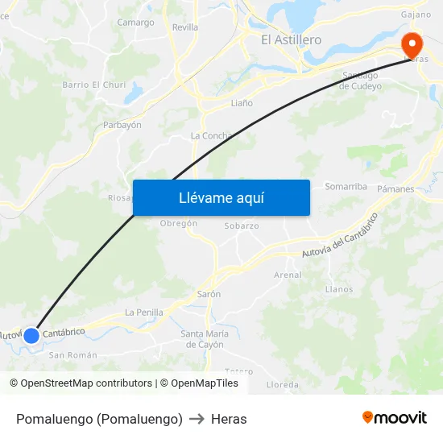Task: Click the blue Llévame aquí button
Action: (x=221, y=197)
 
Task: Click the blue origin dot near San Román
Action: (x=31, y=335)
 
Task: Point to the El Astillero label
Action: (x=291, y=39)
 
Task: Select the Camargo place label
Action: (x=135, y=23)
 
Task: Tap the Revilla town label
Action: (x=185, y=27)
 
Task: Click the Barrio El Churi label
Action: (x=94, y=85)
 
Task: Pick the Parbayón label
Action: (x=122, y=125)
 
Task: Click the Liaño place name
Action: (x=242, y=103)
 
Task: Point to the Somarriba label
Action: (x=346, y=187)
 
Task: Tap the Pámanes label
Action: (x=395, y=188)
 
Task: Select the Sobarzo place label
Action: (x=242, y=226)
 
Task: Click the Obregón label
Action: (x=179, y=223)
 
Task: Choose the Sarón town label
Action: (x=209, y=294)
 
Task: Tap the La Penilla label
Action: (x=144, y=313)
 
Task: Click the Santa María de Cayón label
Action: (x=205, y=339)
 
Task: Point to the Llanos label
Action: (x=339, y=289)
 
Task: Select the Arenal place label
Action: (x=288, y=275)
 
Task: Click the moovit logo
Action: (x=395, y=417)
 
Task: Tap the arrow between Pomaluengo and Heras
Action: (x=197, y=419)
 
